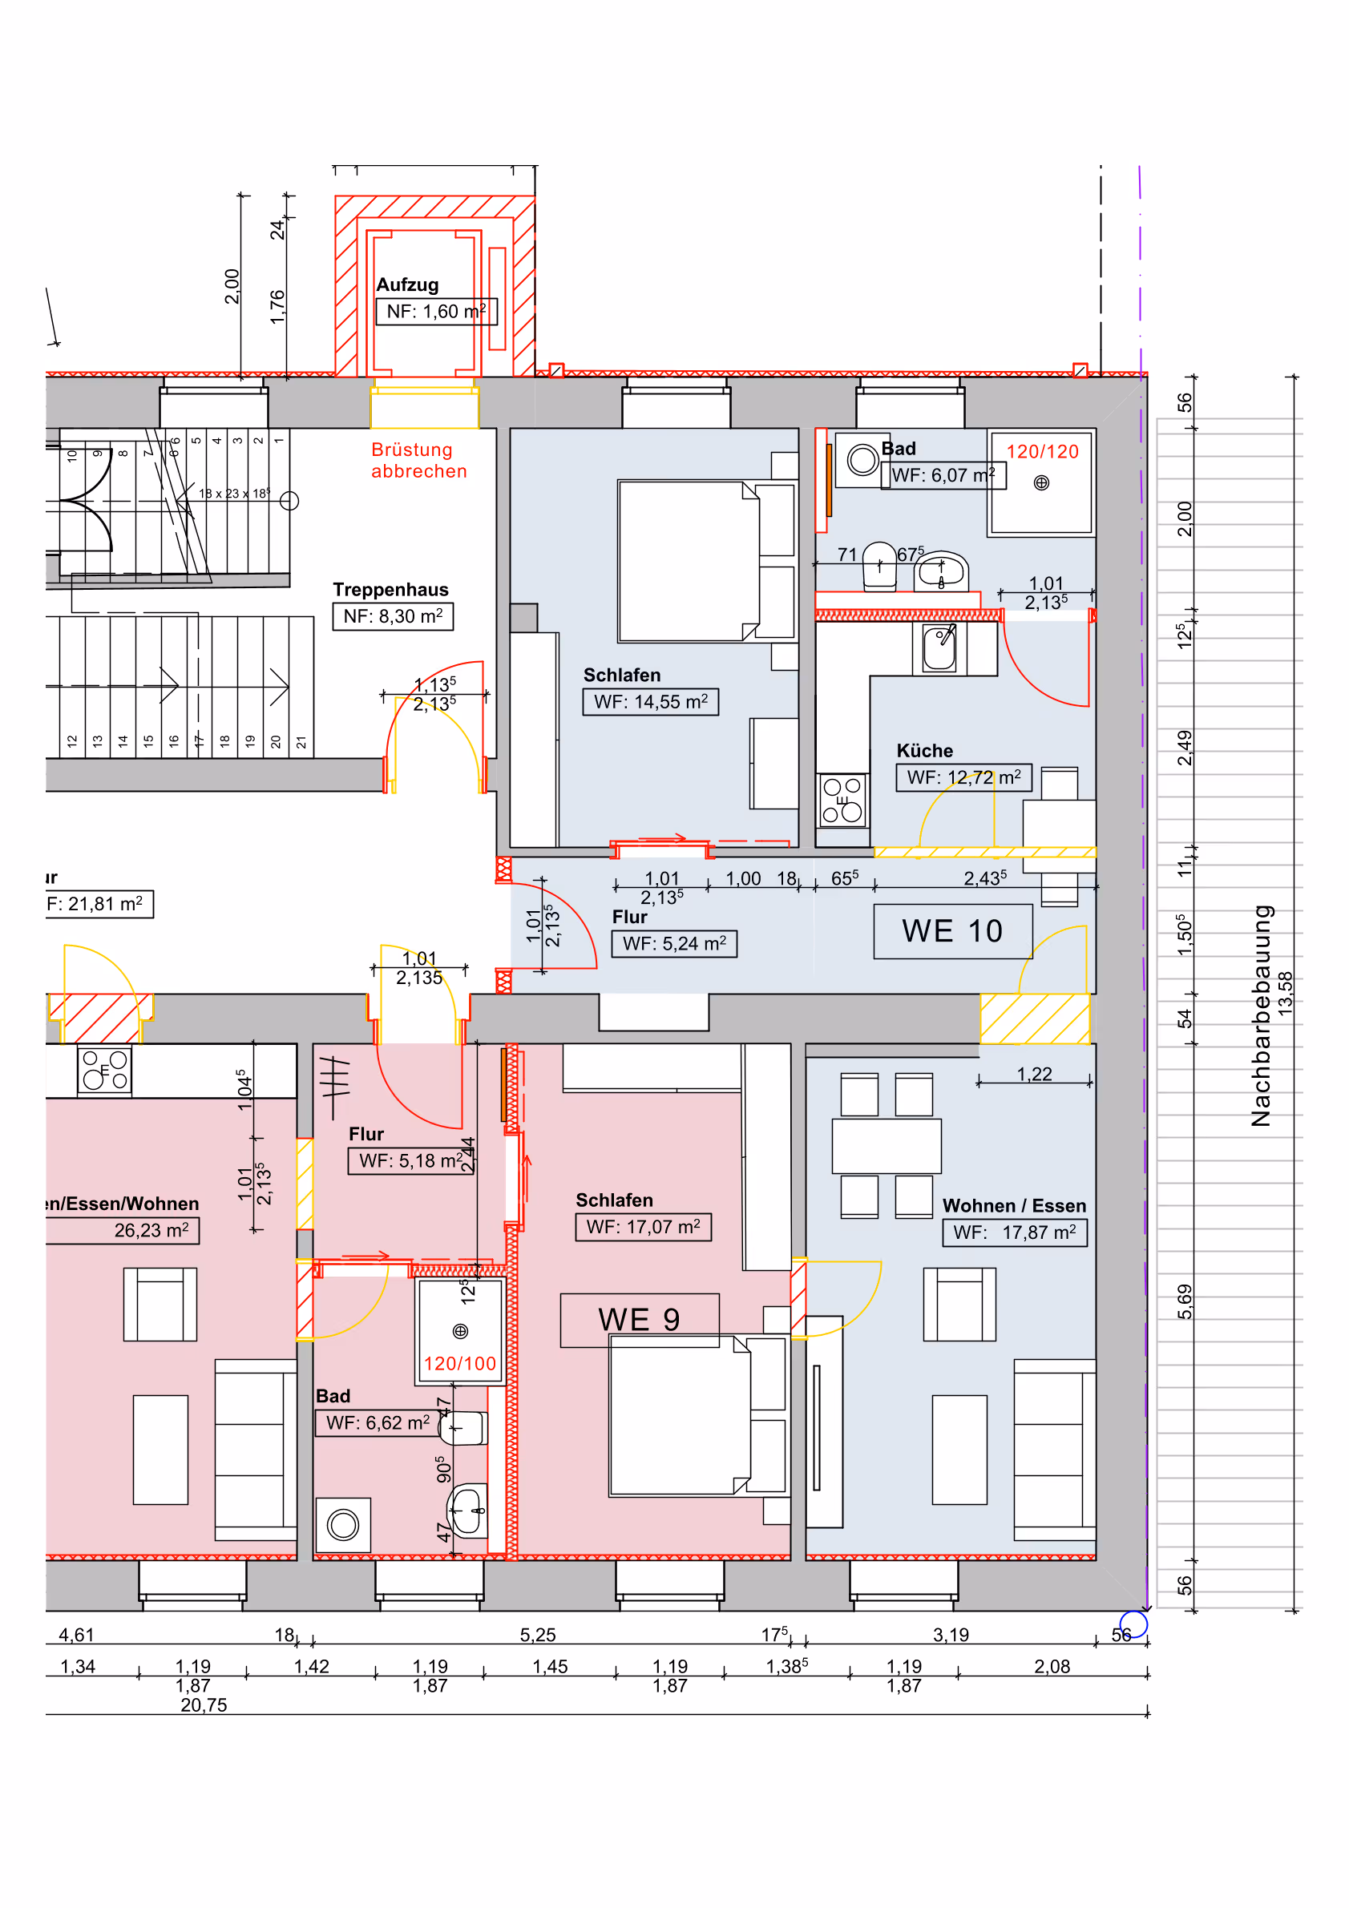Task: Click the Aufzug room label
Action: coord(407,285)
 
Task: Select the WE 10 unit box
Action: coord(952,932)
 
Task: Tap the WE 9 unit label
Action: coord(638,1320)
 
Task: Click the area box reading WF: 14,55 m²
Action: coord(650,702)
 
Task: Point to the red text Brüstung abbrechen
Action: coord(419,461)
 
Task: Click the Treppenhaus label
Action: coord(390,590)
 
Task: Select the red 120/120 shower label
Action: coord(1042,452)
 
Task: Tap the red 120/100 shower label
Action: coord(459,1364)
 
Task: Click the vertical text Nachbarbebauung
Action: coord(1261,1015)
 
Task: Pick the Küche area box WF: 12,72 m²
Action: coord(963,778)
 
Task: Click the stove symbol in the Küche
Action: coord(842,801)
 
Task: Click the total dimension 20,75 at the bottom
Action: coord(204,1705)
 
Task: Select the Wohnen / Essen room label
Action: coord(1014,1206)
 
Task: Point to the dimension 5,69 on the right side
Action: coord(1185,1301)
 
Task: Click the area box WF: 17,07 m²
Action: coord(644,1228)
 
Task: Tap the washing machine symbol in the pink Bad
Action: coord(342,1525)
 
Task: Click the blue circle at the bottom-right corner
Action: coord(1133,1624)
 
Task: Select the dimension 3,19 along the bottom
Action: coord(951,1636)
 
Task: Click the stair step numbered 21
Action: coord(301,742)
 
